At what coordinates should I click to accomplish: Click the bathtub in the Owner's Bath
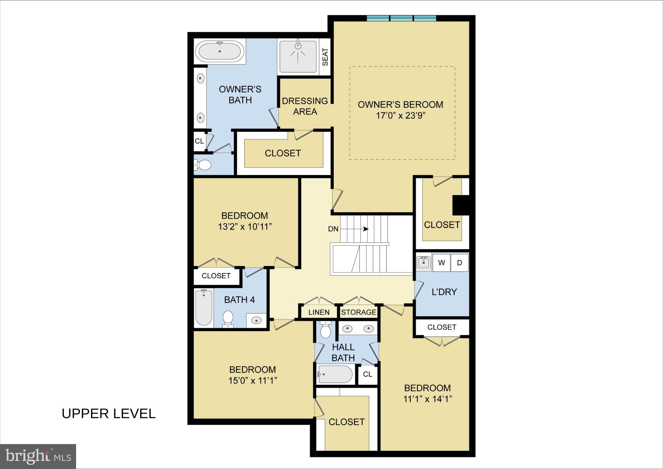tap(220, 51)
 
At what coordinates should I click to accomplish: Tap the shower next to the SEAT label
tap(298, 56)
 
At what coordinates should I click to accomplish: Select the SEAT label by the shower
tap(325, 57)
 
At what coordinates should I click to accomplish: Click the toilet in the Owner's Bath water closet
tap(203, 165)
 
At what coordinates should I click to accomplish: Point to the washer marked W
tap(441, 263)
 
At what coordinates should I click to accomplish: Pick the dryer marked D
tap(459, 263)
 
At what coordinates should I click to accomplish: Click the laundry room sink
tap(423, 263)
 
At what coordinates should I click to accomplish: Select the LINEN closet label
tap(319, 312)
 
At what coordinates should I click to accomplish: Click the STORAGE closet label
tap(359, 312)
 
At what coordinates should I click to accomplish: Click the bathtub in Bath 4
tap(204, 308)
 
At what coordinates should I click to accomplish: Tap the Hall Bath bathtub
tap(335, 374)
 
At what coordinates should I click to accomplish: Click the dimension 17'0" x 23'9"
tap(400, 116)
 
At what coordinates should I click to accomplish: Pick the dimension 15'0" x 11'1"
tap(253, 381)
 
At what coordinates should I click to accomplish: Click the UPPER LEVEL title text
tap(109, 414)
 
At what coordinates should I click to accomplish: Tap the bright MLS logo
tap(38, 456)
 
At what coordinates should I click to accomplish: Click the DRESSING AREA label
tap(305, 106)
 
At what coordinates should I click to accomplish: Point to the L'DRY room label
tap(444, 292)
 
